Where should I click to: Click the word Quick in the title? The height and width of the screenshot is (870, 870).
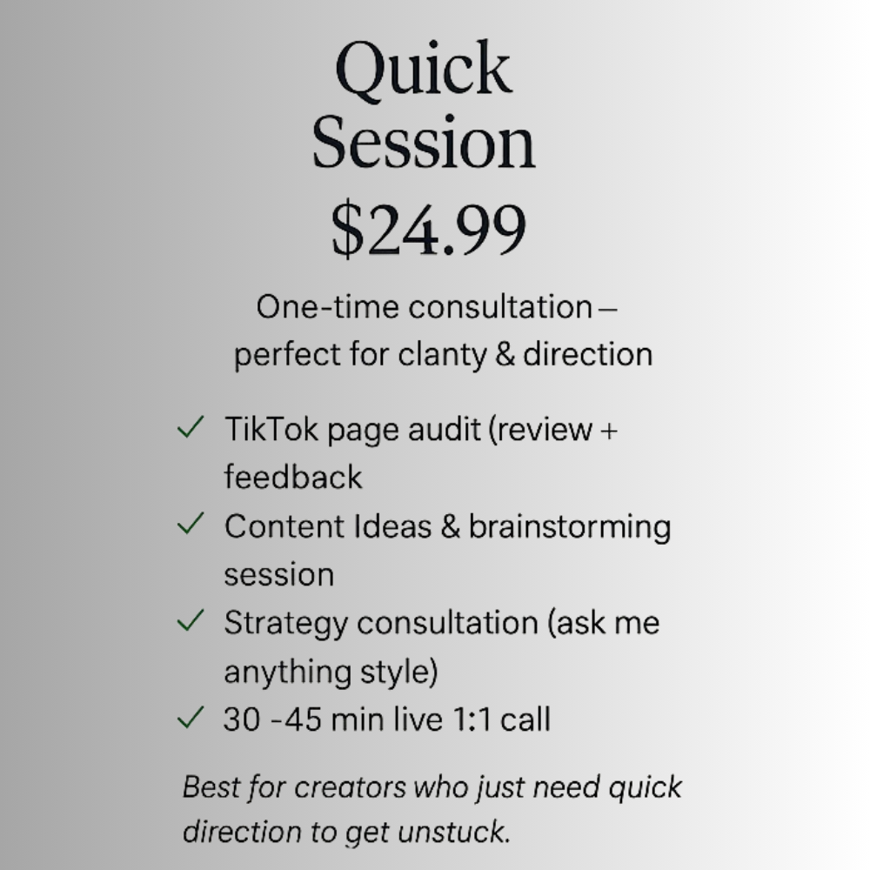[423, 70]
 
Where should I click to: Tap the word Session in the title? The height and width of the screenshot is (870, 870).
[424, 142]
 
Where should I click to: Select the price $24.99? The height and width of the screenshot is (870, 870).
[428, 229]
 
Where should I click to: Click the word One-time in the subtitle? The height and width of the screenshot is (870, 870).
[327, 307]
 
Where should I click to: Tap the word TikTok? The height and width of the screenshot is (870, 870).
[271, 429]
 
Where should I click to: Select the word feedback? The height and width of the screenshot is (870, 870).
[293, 477]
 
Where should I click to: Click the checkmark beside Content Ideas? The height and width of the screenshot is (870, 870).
[191, 523]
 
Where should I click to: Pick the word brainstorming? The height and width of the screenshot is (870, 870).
[570, 528]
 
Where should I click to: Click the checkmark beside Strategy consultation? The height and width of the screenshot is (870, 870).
[191, 620]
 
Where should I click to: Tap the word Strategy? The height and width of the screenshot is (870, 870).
[285, 624]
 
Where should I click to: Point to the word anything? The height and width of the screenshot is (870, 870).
[287, 673]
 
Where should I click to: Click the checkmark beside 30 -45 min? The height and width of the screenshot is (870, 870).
[191, 717]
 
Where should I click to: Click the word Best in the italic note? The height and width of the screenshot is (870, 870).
[211, 787]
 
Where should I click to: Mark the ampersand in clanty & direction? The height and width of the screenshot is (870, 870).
[505, 355]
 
